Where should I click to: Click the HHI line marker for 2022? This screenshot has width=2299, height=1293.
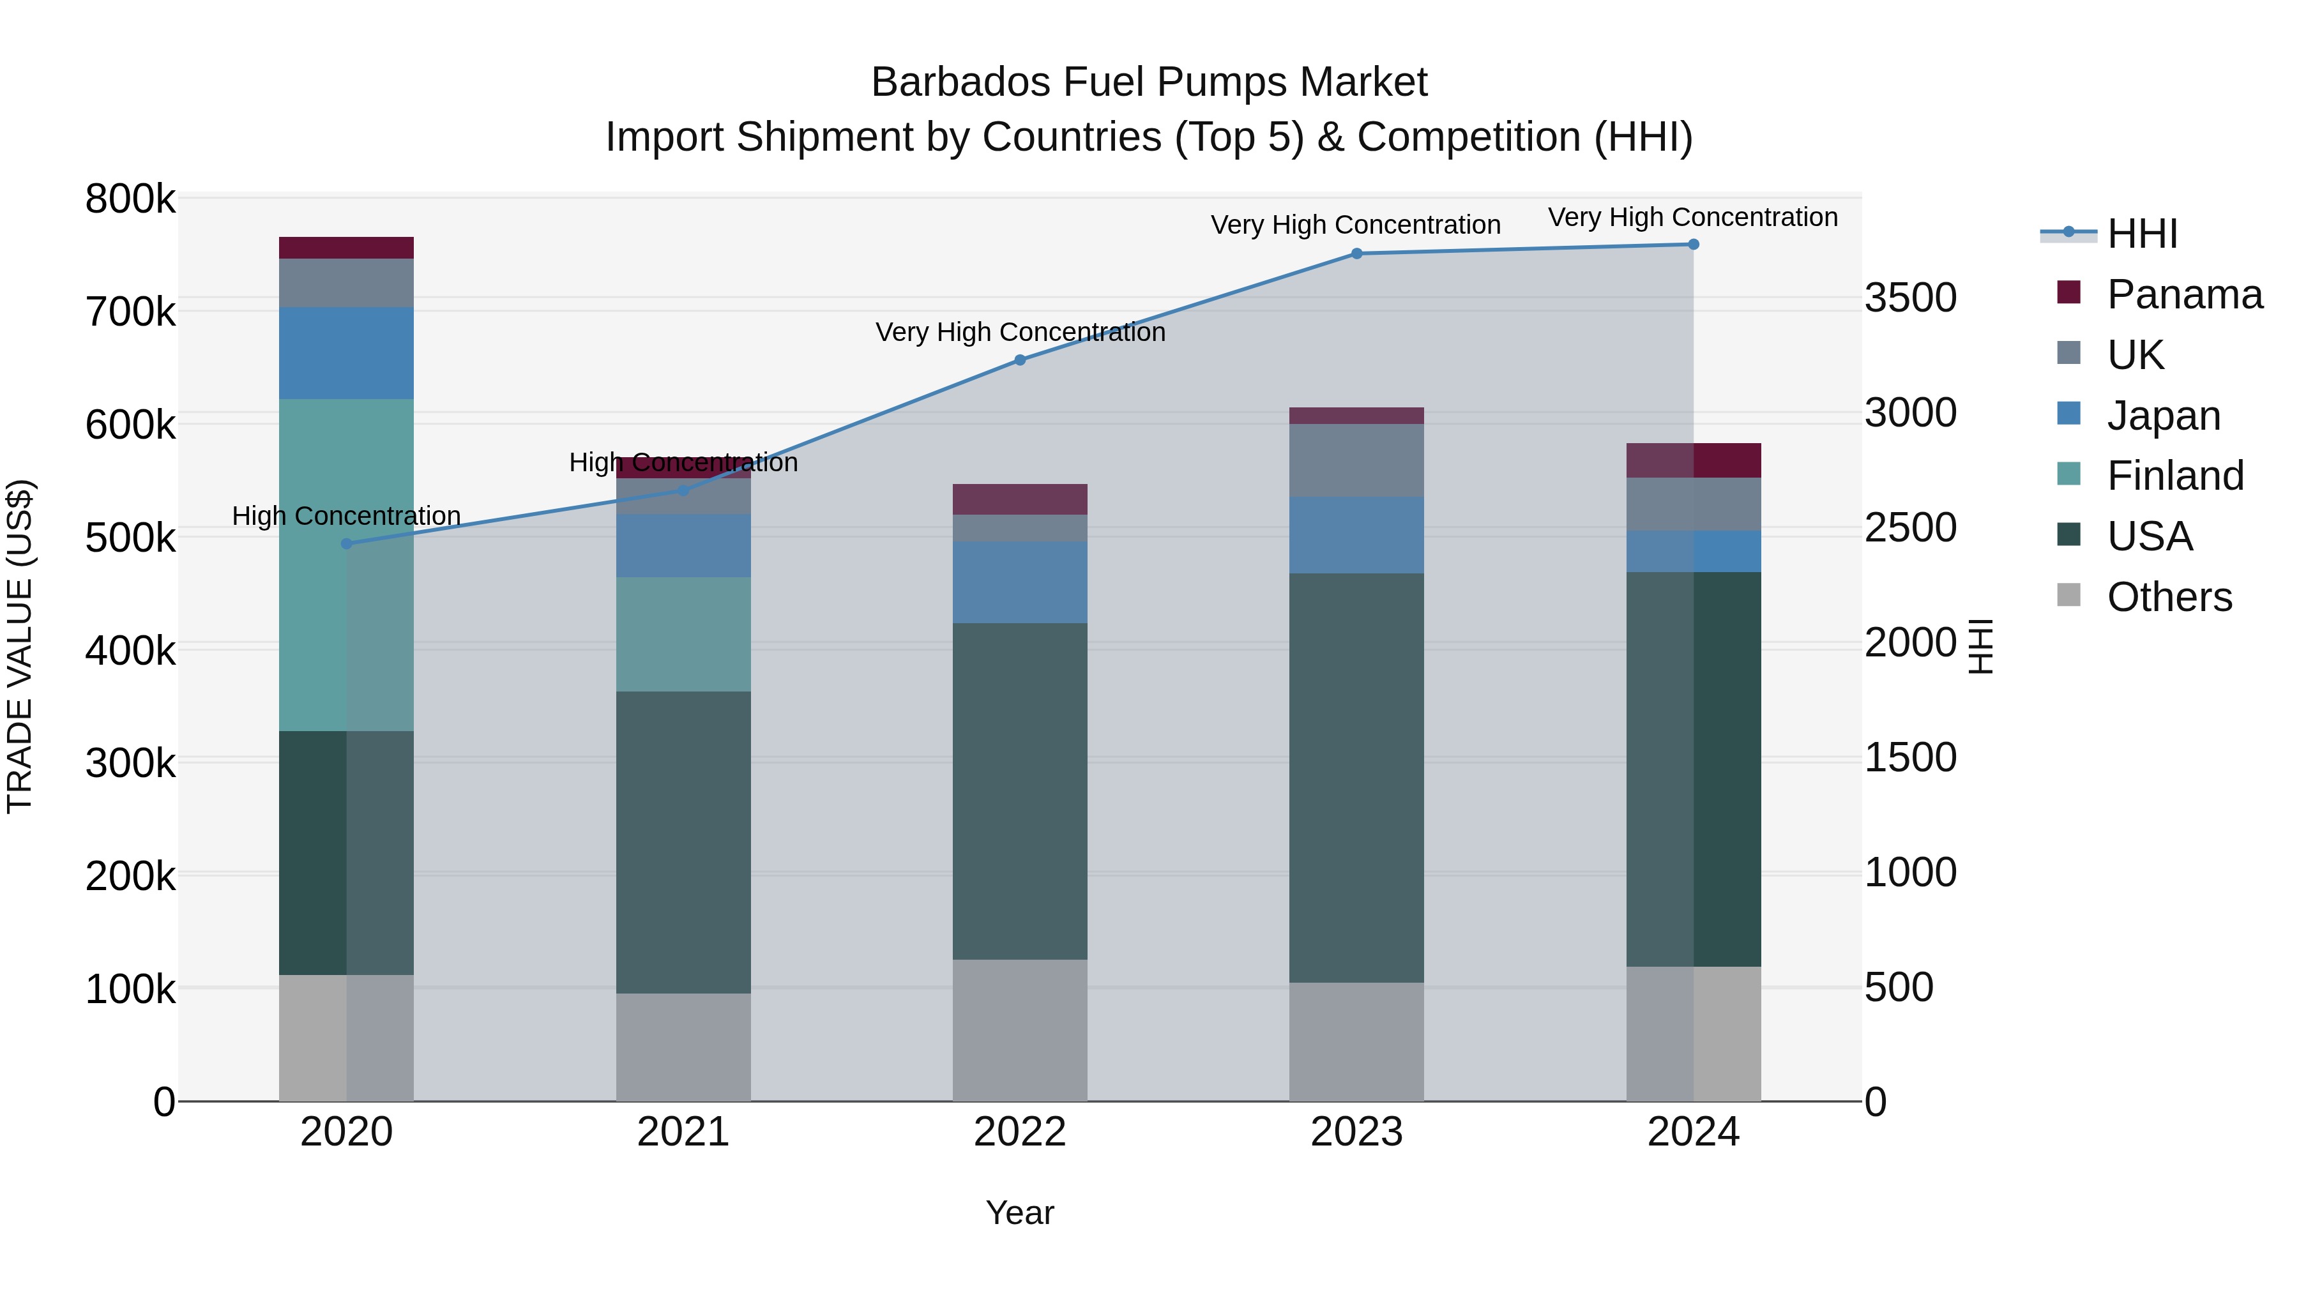[1020, 361]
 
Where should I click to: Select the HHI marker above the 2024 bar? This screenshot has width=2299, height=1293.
[1693, 245]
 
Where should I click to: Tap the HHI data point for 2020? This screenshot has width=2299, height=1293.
[346, 543]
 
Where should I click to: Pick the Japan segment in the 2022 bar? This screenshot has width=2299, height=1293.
[1020, 582]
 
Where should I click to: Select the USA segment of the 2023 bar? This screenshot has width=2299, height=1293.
[1356, 777]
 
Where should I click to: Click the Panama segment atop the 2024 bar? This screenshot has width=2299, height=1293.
[1693, 460]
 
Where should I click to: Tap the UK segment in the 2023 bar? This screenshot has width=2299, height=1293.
[1356, 460]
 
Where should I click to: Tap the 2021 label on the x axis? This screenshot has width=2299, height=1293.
[683, 1132]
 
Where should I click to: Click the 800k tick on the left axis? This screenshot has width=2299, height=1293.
[130, 199]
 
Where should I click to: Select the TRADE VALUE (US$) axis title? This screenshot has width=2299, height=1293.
[20, 646]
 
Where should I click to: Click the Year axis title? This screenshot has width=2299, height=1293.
[1020, 1213]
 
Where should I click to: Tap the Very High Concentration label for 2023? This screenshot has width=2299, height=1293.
[1356, 225]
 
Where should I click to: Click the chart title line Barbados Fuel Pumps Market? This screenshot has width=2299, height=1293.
[1149, 82]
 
